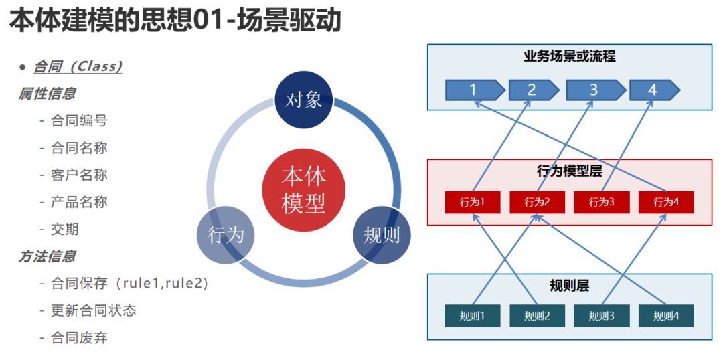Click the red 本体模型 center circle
(x=303, y=189)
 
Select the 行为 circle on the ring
(x=226, y=234)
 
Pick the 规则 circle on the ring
(x=382, y=234)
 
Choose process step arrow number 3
(x=596, y=90)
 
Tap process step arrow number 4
(x=655, y=90)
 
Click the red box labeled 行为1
(x=473, y=202)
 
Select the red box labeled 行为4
(x=666, y=202)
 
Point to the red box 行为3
(x=602, y=202)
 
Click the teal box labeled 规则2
(x=537, y=317)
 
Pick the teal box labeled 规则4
(x=666, y=317)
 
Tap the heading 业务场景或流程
(x=570, y=57)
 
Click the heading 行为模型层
(x=570, y=171)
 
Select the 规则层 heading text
(x=570, y=286)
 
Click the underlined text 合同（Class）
(x=78, y=67)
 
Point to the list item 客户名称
(x=79, y=175)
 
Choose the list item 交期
(x=65, y=229)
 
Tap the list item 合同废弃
(x=79, y=338)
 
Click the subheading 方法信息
(x=47, y=256)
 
